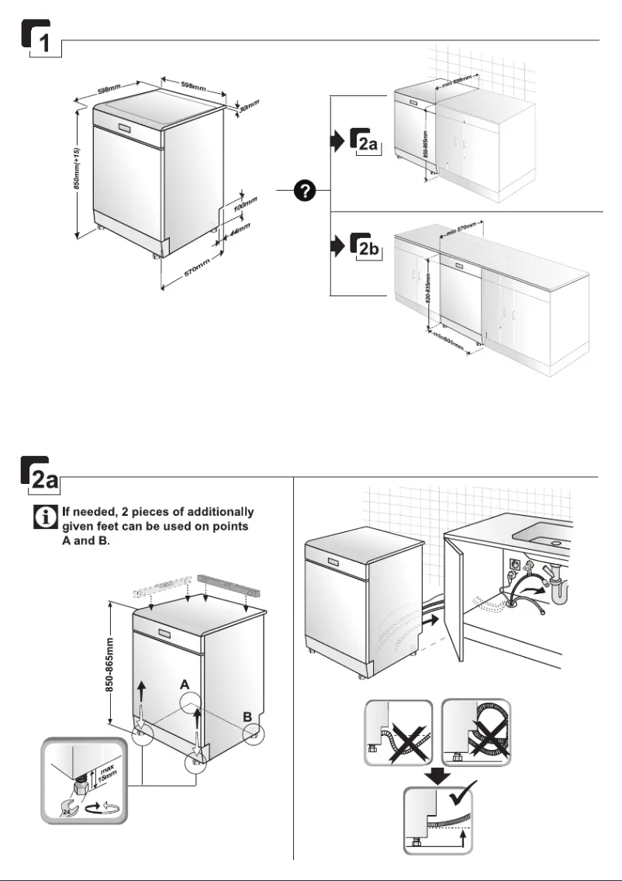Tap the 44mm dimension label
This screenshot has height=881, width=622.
240,230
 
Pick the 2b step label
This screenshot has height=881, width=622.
366,247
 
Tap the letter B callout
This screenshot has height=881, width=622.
247,718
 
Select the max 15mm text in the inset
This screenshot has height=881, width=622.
103,776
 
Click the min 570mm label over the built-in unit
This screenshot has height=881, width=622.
460,230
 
